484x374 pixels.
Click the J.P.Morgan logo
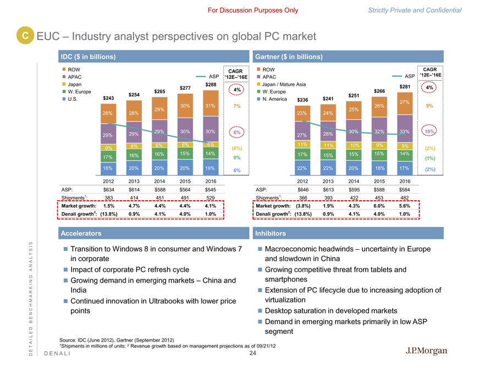tap(426, 351)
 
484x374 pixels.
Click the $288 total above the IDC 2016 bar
tap(211, 84)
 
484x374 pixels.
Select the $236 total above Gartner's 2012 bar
tap(302, 100)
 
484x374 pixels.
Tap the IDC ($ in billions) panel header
tap(88, 57)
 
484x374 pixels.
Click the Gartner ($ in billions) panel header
tap(289, 57)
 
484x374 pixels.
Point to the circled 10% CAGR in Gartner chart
tap(429, 133)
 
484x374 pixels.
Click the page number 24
tap(253, 354)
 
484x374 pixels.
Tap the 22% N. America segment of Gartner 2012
tap(302, 168)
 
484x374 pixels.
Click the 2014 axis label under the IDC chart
tap(159, 180)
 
